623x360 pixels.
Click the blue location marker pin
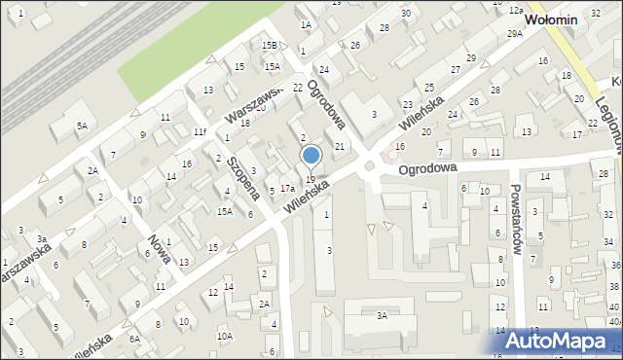311,156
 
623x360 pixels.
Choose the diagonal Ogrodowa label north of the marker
326,103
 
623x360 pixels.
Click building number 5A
83,126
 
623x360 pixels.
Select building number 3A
383,315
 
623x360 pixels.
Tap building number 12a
515,9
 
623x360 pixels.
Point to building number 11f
199,131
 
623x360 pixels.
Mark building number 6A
135,338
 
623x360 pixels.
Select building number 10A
224,336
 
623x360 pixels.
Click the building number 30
405,13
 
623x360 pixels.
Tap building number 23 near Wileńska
407,104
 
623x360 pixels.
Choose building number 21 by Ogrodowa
340,146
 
